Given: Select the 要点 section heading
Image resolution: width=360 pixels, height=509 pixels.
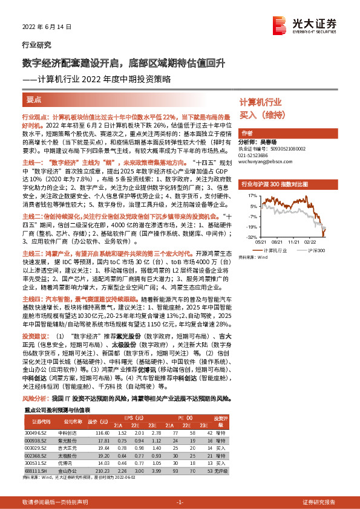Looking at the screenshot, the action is point(35,99).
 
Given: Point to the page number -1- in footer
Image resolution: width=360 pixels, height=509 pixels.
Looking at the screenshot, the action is point(180,502).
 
